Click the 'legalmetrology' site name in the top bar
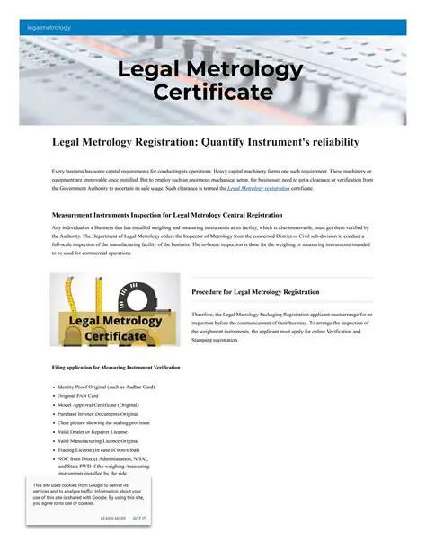(x=49, y=28)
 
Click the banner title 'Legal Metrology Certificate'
(x=212, y=81)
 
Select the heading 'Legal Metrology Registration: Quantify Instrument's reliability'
(x=206, y=142)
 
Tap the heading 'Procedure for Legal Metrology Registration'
(x=255, y=292)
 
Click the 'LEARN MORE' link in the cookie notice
(x=113, y=519)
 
